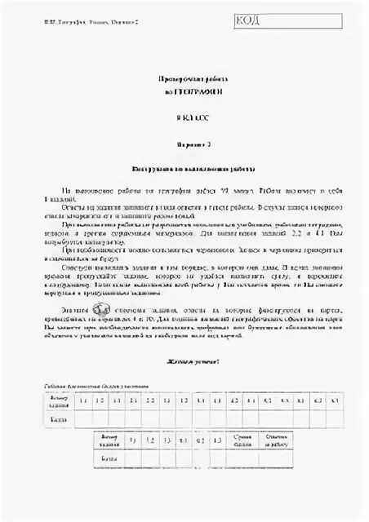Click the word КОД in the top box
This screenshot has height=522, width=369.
(248, 20)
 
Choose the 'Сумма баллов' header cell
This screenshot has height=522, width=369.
(242, 440)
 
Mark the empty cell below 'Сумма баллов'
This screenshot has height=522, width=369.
(242, 458)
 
